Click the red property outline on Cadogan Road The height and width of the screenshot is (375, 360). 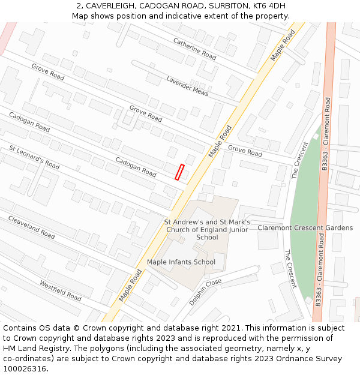(x=179, y=172)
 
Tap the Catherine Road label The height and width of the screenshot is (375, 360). (x=194, y=49)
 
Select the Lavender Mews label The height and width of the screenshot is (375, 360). (x=187, y=86)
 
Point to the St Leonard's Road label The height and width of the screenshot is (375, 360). (x=34, y=157)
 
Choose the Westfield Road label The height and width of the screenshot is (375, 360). (x=60, y=290)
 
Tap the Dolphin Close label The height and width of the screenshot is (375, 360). (x=205, y=292)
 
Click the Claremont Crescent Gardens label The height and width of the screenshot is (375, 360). (x=305, y=228)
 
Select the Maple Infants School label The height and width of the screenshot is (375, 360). (x=181, y=262)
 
